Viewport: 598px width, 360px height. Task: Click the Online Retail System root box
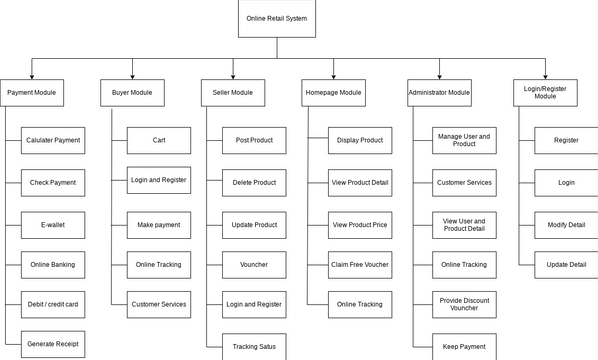point(277,19)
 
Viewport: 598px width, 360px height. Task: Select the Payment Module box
point(33,93)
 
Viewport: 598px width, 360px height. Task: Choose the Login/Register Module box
point(545,93)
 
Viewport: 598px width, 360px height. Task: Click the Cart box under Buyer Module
point(159,140)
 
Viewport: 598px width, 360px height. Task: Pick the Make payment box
point(159,225)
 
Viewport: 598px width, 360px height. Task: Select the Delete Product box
point(254,182)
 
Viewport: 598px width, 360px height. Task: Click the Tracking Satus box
point(254,345)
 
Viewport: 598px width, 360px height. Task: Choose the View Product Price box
point(360,225)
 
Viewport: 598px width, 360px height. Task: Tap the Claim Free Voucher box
point(360,264)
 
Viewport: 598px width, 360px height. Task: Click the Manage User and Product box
point(463,140)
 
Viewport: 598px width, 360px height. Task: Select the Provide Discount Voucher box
point(463,304)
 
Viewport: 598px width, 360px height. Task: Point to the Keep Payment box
point(463,345)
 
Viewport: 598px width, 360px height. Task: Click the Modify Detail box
point(565,225)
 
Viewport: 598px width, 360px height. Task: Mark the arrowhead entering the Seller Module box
point(233,76)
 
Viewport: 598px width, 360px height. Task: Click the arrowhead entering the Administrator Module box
point(439,76)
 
